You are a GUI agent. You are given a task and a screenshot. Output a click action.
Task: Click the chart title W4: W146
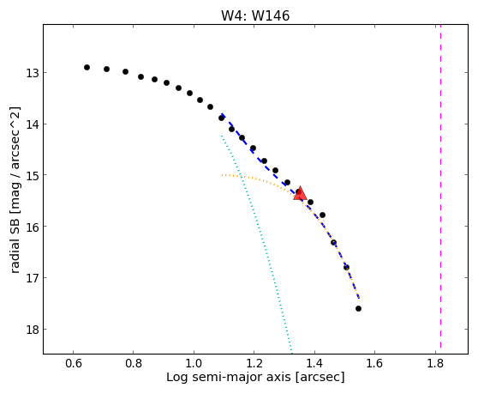[255, 16]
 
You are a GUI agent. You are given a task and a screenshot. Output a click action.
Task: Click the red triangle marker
[300, 193]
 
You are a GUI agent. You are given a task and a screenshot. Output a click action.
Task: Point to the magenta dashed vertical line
[440, 186]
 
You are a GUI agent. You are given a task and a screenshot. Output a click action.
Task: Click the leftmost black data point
[87, 67]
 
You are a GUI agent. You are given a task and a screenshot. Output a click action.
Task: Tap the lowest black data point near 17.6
[358, 308]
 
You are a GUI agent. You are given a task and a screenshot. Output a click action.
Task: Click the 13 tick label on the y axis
[33, 73]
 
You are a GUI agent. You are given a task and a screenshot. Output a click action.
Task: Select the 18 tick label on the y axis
[33, 330]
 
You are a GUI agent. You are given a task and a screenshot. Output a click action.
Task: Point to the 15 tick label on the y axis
[33, 175]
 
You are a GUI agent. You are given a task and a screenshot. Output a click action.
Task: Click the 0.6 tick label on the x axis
[73, 364]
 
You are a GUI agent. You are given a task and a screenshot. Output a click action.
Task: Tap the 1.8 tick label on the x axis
[435, 364]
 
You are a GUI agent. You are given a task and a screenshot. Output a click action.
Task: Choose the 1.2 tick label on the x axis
[254, 364]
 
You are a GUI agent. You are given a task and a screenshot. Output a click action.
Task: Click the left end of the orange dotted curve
[222, 175]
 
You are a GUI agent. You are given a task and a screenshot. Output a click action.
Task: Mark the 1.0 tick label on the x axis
[194, 364]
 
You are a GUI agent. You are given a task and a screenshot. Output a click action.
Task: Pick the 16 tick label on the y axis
[33, 227]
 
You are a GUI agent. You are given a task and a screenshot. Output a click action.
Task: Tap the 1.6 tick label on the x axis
[375, 364]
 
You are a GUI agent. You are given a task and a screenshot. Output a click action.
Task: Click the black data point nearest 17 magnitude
[346, 267]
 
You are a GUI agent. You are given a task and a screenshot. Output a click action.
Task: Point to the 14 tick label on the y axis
[33, 124]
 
